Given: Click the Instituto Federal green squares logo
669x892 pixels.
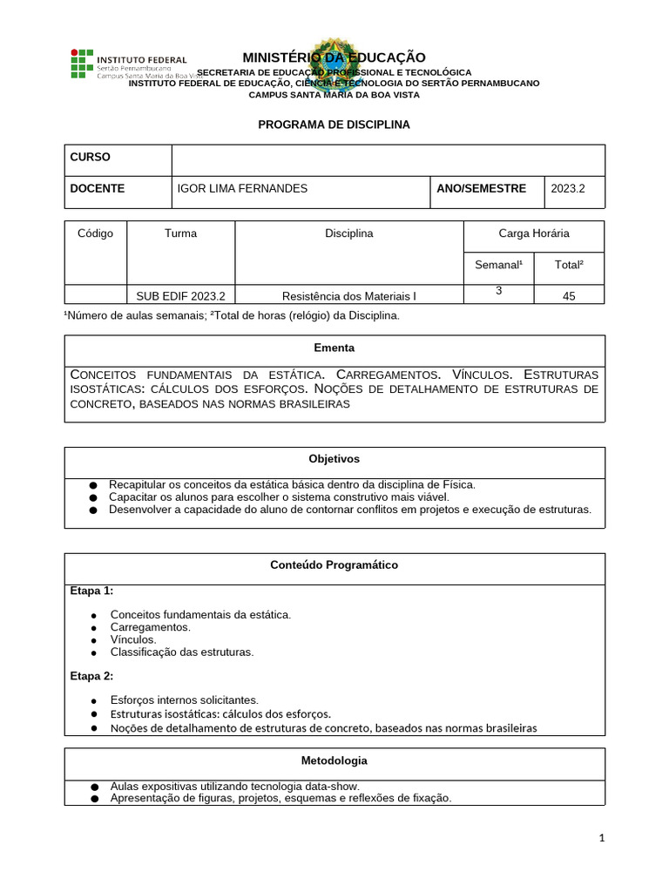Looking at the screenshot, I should tap(80, 64).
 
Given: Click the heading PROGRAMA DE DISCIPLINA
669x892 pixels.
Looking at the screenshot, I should tap(334, 125).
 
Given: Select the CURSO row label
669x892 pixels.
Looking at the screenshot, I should tap(90, 157).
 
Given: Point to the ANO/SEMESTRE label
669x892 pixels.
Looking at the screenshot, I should tap(481, 188).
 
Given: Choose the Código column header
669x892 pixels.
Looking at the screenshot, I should tap(96, 233).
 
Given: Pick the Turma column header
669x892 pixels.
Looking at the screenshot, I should tap(180, 233).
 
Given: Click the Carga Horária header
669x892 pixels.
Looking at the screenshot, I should tap(534, 233).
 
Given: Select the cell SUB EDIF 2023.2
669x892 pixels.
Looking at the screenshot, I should tap(180, 296).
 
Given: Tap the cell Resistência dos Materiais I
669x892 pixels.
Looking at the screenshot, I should tap(349, 296).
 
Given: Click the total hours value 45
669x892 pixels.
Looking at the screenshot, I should tap(570, 296).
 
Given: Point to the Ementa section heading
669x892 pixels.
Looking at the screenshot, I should tap(334, 348).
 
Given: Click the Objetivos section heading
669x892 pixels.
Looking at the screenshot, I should tap(334, 459).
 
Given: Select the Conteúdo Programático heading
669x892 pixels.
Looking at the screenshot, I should tap(334, 565).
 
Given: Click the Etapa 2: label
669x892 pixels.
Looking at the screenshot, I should tap(91, 676).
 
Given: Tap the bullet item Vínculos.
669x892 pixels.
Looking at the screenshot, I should tap(133, 639).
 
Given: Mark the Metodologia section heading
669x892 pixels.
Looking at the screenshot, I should tap(334, 760).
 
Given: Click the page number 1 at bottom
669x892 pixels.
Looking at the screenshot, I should tap(601, 838).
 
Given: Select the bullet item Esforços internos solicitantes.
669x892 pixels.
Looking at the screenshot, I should tap(185, 699).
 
